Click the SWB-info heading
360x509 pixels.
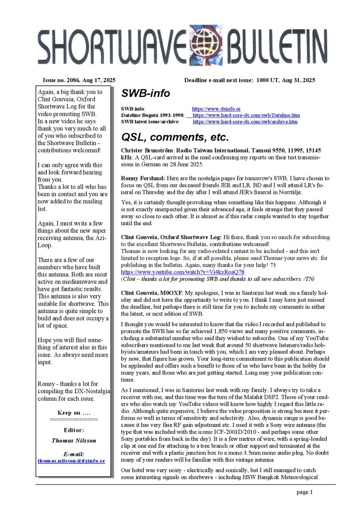pyautogui.click(x=145, y=93)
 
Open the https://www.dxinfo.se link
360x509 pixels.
pyautogui.click(x=216, y=108)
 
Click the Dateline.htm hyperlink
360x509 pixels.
pyautogui.click(x=246, y=115)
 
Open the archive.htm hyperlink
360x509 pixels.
pyautogui.click(x=245, y=121)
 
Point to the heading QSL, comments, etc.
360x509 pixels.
pyautogui.click(x=175, y=137)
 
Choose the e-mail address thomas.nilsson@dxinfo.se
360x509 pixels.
pyautogui.click(x=71, y=461)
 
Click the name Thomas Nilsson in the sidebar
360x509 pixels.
pyautogui.click(x=74, y=440)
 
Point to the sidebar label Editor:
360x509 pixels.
pyautogui.click(x=74, y=430)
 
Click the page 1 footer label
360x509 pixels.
pyautogui.click(x=304, y=493)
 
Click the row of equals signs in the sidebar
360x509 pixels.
pyautogui.click(x=74, y=420)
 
